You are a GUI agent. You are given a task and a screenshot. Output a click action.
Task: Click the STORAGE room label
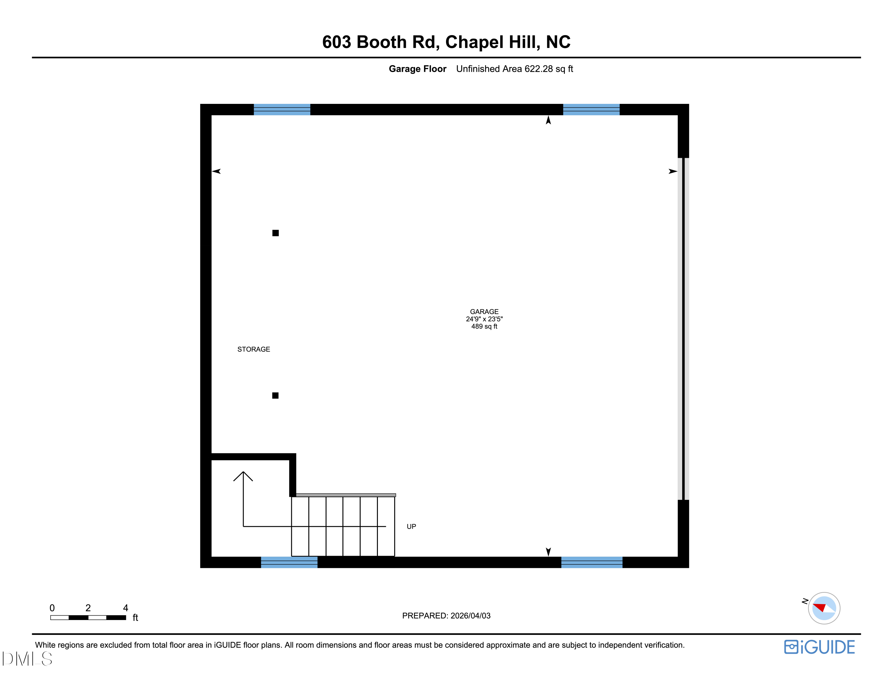253,349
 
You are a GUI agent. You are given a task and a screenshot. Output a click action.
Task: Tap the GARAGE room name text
484,311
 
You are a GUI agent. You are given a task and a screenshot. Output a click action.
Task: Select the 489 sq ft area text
484,326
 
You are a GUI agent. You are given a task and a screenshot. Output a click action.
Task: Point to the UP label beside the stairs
411,527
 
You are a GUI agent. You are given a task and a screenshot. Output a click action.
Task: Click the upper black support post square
276,233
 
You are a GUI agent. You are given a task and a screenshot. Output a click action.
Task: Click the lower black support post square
275,395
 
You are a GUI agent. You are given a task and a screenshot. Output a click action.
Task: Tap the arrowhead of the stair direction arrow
243,475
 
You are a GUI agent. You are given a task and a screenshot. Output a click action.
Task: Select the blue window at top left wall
282,110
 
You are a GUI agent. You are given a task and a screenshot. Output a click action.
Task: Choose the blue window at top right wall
591,110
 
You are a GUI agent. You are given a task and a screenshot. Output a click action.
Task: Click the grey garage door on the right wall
683,329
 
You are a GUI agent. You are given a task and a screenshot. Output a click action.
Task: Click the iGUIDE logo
819,647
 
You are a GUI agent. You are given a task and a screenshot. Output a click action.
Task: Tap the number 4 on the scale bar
126,608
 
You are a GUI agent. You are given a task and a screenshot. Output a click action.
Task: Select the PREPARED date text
446,616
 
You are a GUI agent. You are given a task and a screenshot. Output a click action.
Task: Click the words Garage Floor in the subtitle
417,69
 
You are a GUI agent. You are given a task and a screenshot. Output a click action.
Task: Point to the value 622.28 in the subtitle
538,69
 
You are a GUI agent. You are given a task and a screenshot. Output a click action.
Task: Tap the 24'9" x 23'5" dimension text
484,319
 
